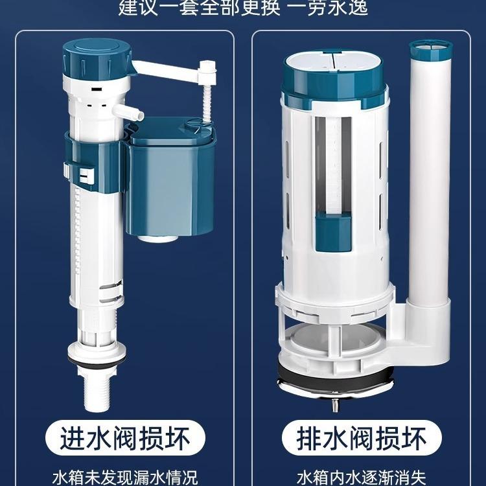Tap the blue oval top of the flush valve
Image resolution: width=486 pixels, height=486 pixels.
coord(332,71)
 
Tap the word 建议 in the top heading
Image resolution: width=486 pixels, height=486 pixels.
coord(136,8)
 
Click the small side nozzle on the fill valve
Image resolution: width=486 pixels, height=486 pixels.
coord(133,113)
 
